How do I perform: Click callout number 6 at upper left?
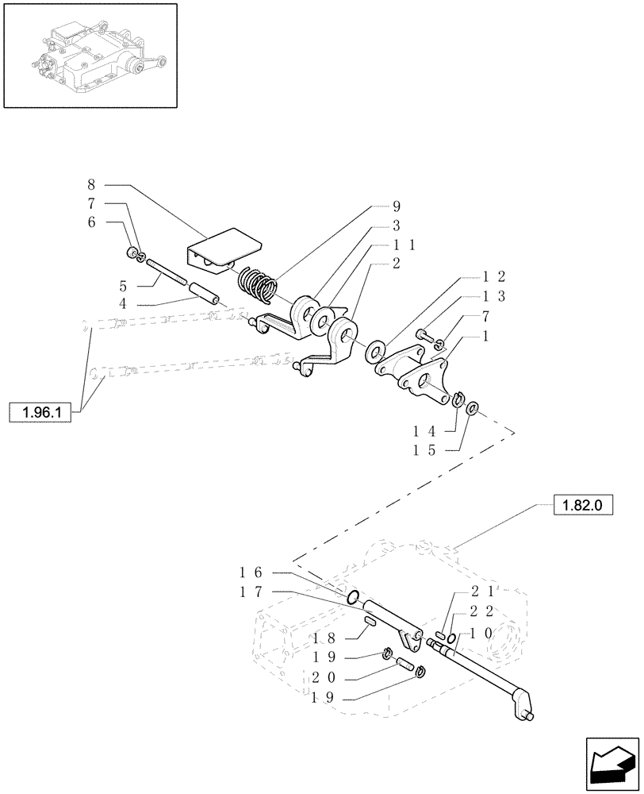point(91,223)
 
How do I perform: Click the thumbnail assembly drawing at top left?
point(90,55)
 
